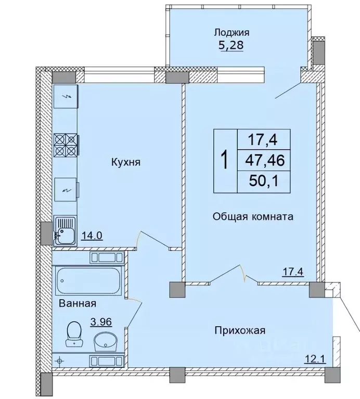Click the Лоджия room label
[228, 32]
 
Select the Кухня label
[126, 162]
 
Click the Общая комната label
[253, 216]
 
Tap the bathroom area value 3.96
[101, 322]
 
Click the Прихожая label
[241, 330]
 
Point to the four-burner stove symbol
[66, 145]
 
